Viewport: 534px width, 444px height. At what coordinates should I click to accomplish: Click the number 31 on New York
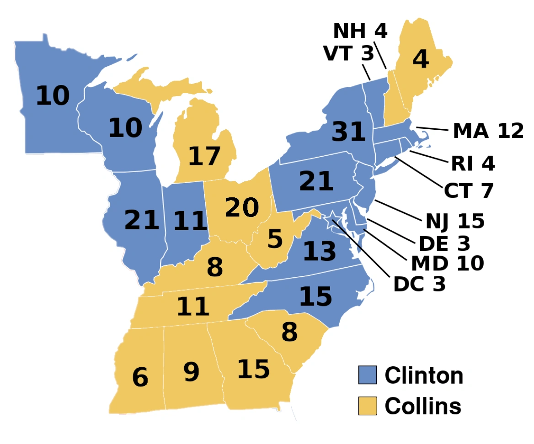click(x=349, y=132)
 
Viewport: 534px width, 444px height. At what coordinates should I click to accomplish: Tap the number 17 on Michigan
click(x=204, y=156)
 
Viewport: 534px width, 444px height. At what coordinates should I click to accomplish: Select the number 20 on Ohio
click(x=242, y=208)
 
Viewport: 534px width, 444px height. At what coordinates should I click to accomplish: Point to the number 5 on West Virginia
click(x=275, y=239)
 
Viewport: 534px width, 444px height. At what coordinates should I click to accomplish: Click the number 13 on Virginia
click(x=320, y=252)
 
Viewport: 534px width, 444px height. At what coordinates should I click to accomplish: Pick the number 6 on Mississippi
click(x=140, y=377)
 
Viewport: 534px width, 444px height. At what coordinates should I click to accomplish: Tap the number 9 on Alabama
click(x=192, y=372)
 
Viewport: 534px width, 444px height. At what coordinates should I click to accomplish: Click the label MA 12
click(x=488, y=131)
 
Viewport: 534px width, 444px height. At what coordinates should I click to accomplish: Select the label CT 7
click(x=469, y=190)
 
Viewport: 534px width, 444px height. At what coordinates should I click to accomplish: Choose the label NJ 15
click(x=455, y=222)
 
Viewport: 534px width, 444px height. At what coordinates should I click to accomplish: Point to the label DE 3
click(x=444, y=244)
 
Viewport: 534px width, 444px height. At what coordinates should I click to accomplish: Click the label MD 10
click(x=447, y=264)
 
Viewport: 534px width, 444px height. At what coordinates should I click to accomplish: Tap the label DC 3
click(x=419, y=284)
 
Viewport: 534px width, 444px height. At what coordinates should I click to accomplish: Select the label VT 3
click(x=348, y=53)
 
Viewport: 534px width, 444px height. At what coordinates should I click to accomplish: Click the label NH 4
click(x=360, y=31)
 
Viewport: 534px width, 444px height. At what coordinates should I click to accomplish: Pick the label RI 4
click(x=473, y=164)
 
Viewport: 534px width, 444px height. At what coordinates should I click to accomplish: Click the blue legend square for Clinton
click(x=367, y=375)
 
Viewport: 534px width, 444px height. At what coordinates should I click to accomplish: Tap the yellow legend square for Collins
click(x=367, y=406)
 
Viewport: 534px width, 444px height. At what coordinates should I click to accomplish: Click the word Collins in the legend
click(x=423, y=406)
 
